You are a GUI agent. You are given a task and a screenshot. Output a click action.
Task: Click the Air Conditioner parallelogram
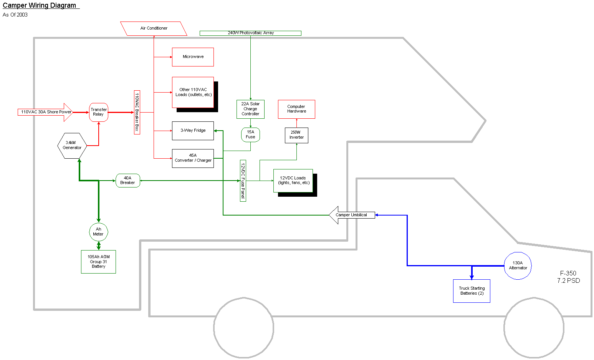(154, 28)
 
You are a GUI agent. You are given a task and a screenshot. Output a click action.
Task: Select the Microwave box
(193, 57)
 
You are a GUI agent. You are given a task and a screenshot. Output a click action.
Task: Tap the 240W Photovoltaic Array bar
(250, 33)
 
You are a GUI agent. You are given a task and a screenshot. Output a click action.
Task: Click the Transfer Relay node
(99, 112)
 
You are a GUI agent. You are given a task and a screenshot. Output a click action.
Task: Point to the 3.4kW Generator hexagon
(72, 146)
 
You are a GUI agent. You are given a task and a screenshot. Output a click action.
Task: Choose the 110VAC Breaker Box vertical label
(137, 112)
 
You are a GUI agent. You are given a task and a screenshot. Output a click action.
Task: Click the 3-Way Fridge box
(193, 131)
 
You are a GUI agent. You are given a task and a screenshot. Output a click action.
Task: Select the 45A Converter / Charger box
(193, 158)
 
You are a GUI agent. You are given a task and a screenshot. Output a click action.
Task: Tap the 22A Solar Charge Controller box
(250, 109)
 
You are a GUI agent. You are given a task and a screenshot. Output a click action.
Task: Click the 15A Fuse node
(250, 135)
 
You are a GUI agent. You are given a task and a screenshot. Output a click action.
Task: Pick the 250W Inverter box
(296, 135)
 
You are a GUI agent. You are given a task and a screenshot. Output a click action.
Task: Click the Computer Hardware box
(296, 109)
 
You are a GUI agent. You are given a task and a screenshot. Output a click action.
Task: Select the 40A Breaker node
(128, 181)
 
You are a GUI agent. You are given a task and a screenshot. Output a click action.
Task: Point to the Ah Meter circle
(99, 232)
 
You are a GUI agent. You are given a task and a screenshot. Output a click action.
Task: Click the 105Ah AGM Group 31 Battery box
(99, 262)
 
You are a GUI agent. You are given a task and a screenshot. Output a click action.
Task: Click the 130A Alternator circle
(518, 265)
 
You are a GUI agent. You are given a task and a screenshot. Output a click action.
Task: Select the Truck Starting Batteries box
(472, 291)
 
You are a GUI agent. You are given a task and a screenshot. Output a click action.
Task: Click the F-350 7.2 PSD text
(568, 277)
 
